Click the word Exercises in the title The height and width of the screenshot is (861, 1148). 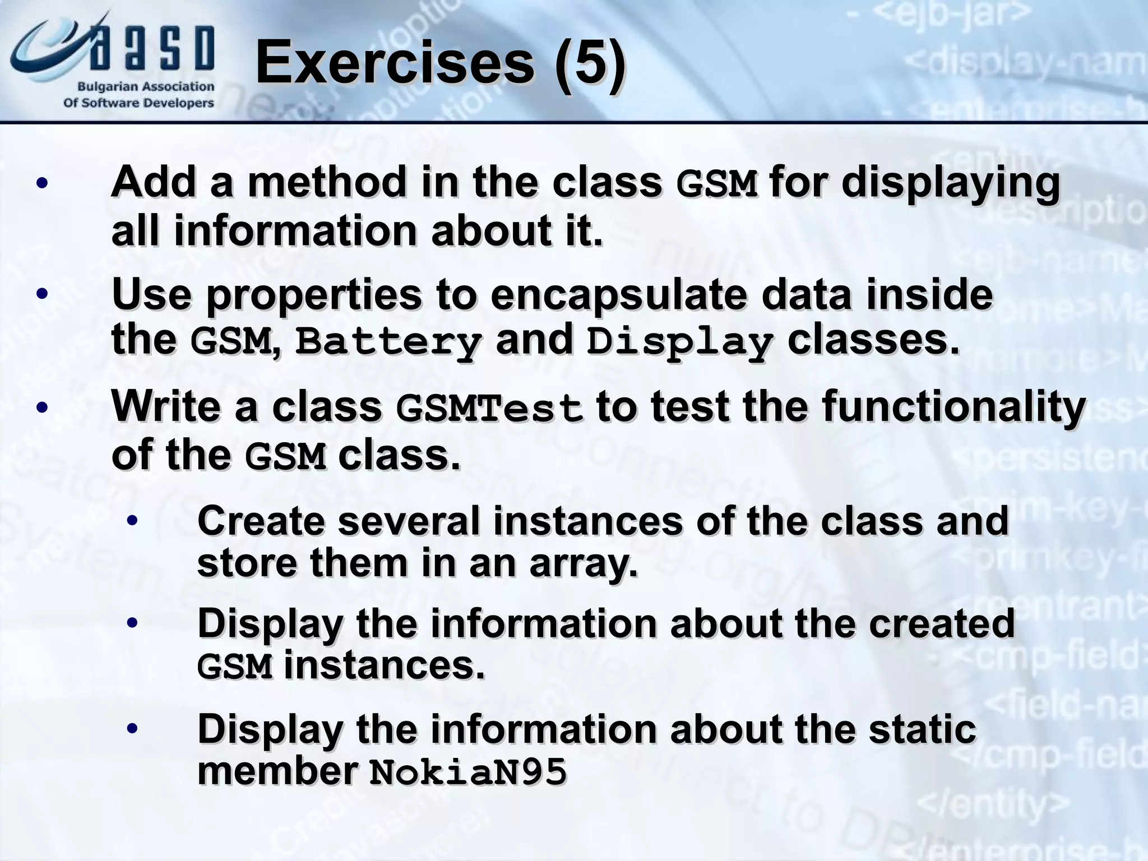tap(395, 63)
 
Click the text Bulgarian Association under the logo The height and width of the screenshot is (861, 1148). tap(146, 87)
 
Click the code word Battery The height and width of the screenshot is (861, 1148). tap(388, 341)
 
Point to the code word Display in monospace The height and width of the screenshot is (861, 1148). tap(679, 341)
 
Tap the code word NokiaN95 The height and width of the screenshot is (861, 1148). tap(467, 772)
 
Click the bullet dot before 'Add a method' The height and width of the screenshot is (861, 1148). tap(41, 183)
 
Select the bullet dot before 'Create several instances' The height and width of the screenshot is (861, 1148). tap(132, 521)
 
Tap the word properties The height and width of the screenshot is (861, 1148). tap(314, 295)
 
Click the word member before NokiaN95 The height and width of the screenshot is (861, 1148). tap(277, 771)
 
